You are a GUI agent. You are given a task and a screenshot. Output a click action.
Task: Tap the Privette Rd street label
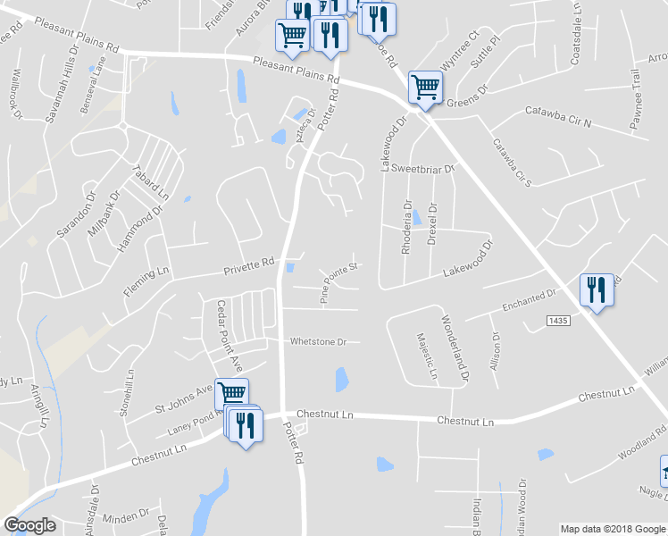(x=248, y=266)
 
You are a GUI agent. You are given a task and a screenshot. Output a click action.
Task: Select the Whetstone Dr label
(x=317, y=341)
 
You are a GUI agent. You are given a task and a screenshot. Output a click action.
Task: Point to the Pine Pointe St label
(x=340, y=282)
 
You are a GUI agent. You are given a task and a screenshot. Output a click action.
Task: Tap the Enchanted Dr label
(x=529, y=299)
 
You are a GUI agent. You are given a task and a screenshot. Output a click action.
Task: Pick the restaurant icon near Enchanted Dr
(x=596, y=291)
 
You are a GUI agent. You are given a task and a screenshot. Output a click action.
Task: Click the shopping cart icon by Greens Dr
(x=425, y=88)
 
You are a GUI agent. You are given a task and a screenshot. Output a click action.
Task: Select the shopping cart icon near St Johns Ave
(x=232, y=393)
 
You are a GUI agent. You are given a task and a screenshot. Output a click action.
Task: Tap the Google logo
(x=29, y=525)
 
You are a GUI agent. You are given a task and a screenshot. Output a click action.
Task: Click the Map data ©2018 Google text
(x=613, y=529)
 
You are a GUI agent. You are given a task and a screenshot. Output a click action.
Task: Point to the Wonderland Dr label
(x=454, y=348)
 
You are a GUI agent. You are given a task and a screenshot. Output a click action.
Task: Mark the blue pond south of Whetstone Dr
(x=341, y=380)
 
